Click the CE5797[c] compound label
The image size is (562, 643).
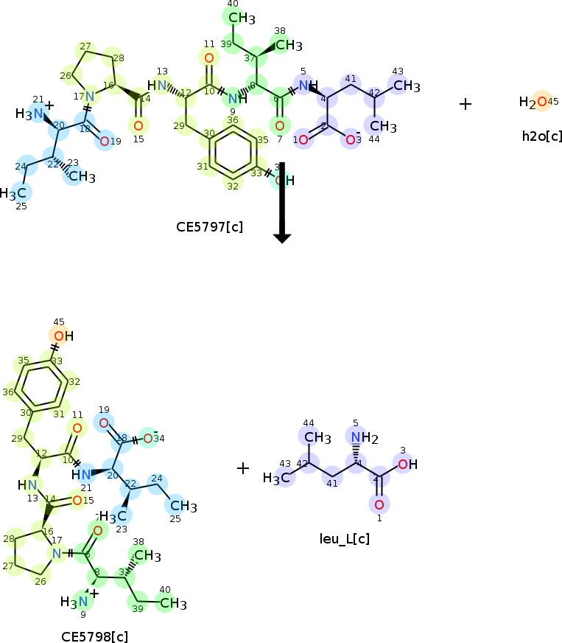coord(209,226)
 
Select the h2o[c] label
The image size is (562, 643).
coord(541,136)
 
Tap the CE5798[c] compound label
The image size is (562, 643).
coord(95,636)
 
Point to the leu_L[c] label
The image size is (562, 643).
coord(345,538)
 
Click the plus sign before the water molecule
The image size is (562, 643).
coord(466,104)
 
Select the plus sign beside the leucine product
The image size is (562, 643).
coord(243,468)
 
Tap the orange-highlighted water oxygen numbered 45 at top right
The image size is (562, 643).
coord(542,102)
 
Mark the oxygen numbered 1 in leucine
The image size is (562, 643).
coord(379,504)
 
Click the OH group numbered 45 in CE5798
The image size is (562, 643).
coord(62,336)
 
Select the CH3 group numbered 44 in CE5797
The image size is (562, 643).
coord(377,126)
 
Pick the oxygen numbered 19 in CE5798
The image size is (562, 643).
coord(104,423)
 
